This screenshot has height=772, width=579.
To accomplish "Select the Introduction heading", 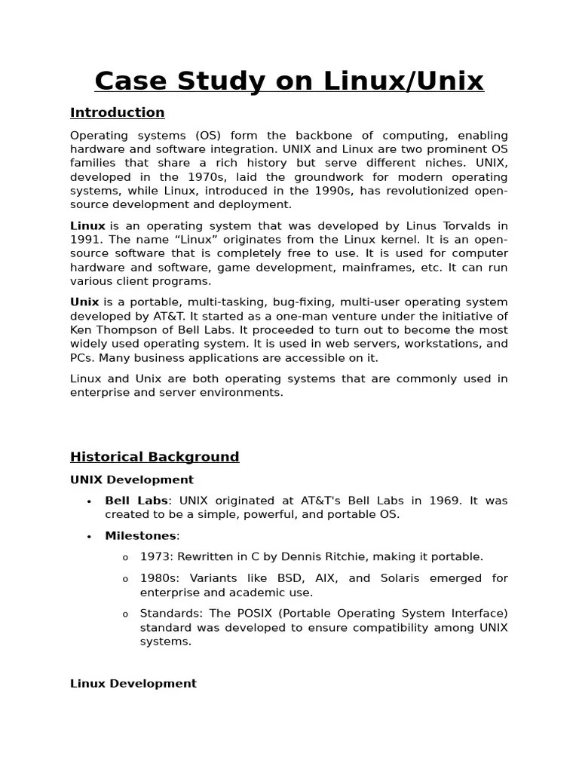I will tap(117, 112).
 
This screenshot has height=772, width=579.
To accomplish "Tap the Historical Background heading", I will tap(155, 456).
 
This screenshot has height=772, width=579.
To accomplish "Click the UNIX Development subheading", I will tap(131, 479).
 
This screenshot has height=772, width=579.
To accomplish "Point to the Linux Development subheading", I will tap(133, 683).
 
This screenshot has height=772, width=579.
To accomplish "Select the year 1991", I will tap(84, 240).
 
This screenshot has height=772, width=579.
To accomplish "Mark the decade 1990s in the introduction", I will tap(329, 191).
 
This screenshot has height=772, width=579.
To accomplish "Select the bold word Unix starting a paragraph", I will tap(84, 302).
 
